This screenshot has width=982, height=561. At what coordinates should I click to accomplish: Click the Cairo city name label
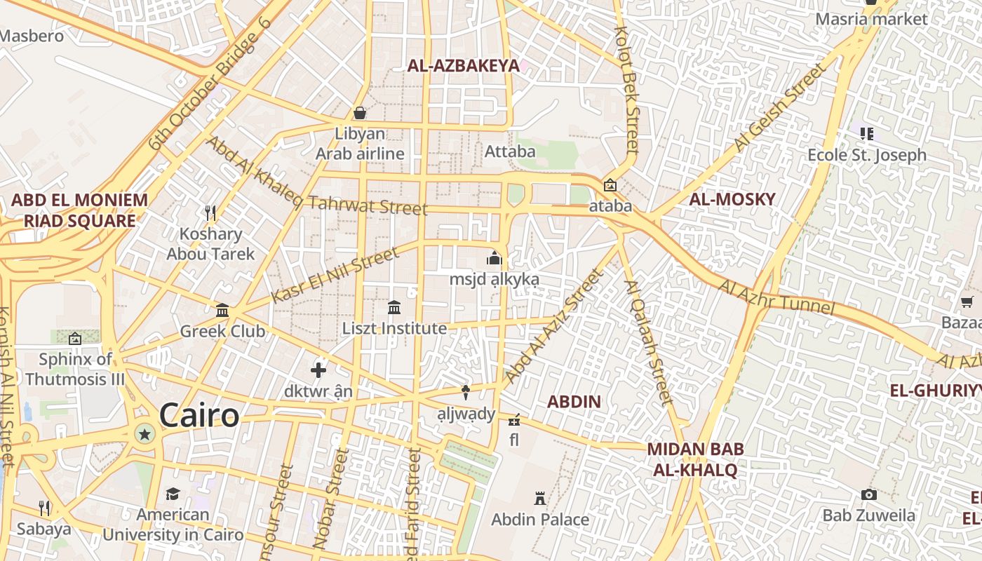pos(199,415)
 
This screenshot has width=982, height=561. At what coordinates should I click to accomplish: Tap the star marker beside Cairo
pos(145,435)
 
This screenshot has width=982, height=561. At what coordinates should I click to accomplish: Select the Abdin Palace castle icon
pos(540,499)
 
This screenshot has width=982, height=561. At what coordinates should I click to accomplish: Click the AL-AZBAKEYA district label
pos(464,66)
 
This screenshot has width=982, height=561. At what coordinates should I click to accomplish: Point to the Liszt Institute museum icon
pos(394,307)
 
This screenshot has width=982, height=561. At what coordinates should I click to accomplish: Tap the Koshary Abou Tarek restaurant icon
pos(210,212)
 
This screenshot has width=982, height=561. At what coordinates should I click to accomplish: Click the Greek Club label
pos(222,331)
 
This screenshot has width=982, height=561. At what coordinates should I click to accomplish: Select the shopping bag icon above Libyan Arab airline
pos(360,113)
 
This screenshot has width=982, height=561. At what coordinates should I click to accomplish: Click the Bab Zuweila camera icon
pos(869,494)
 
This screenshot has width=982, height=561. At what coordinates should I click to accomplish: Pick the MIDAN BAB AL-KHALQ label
pos(695,459)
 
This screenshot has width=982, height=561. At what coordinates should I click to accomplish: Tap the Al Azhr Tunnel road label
pos(776,298)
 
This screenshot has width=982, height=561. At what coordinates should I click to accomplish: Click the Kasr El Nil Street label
pos(335,275)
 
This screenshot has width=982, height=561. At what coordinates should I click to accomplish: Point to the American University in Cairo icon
pos(173,494)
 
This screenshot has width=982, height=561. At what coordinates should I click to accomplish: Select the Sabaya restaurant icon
pos(44,507)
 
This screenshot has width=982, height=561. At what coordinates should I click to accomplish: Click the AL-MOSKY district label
pos(732,199)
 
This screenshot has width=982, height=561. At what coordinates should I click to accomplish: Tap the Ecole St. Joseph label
pos(867,155)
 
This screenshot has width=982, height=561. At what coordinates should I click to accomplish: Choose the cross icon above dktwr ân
pos(318,370)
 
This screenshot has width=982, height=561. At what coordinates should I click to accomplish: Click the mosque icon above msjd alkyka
pos(495,258)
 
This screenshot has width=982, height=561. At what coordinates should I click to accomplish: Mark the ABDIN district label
pos(574,402)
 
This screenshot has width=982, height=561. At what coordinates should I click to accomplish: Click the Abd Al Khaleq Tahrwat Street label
pos(316,177)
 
